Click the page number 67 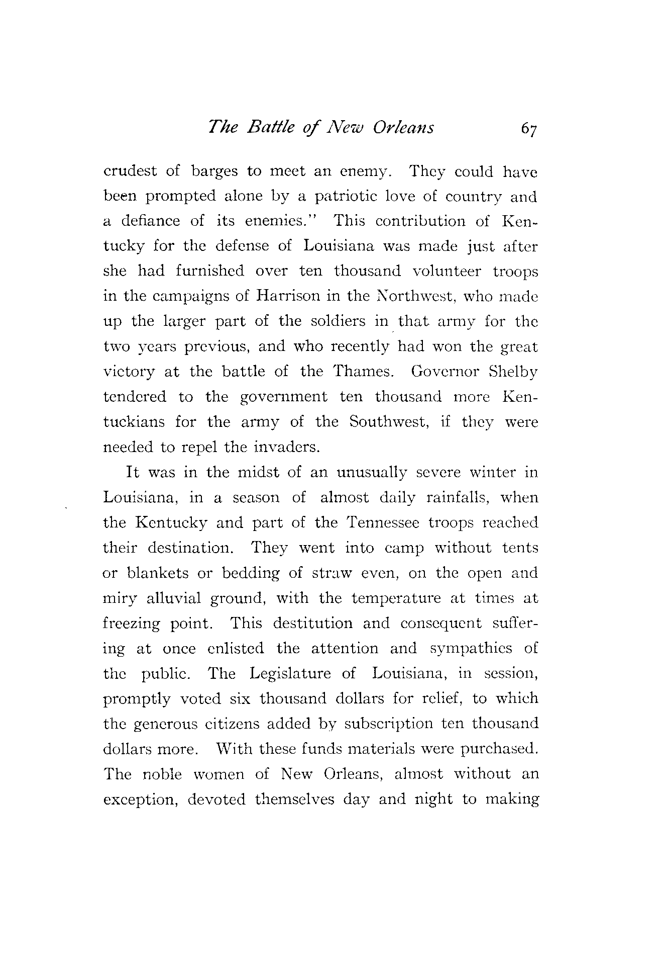[529, 129]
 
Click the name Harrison [288, 296]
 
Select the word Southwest [388, 421]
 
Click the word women [218, 774]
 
